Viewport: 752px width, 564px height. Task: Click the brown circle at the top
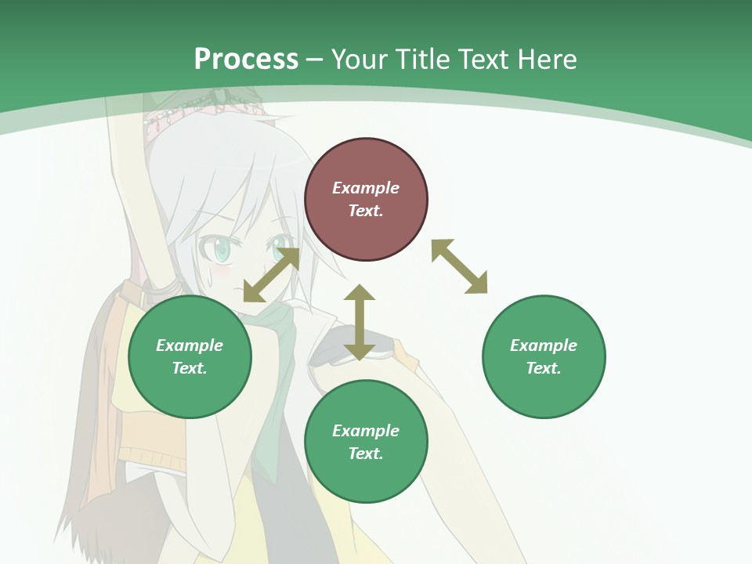click(366, 199)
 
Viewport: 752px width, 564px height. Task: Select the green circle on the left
click(190, 356)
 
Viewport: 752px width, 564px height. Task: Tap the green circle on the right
click(544, 356)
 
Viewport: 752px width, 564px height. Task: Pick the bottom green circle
click(366, 442)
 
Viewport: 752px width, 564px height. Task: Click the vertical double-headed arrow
click(360, 322)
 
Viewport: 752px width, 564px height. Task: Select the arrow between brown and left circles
click(271, 274)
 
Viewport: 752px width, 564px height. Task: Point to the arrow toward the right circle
click(459, 266)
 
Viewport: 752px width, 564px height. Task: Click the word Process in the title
click(246, 59)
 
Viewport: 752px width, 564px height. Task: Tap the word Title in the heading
click(425, 59)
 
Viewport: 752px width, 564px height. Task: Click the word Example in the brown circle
click(366, 188)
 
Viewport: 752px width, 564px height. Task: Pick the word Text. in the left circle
click(190, 368)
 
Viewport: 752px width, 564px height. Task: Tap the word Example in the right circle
click(544, 345)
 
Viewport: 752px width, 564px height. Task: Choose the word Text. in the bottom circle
click(366, 454)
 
